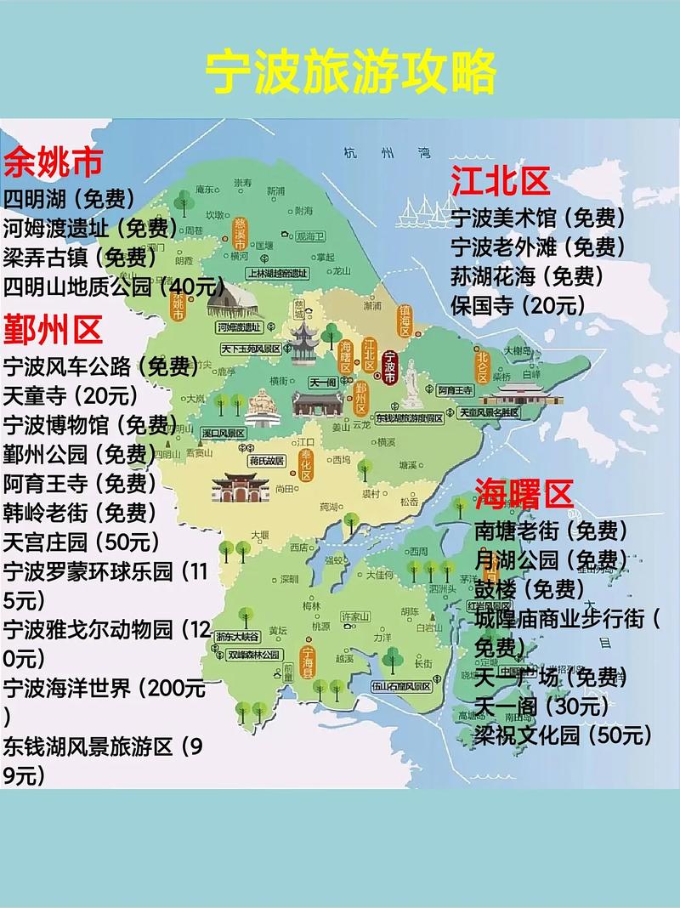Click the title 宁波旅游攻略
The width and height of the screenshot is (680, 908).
tap(351, 73)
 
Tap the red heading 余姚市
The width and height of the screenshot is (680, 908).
tap(54, 161)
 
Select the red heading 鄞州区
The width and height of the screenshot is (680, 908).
tap(54, 327)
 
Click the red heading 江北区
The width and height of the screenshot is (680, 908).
tap(501, 181)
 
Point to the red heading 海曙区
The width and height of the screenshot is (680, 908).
tap(524, 492)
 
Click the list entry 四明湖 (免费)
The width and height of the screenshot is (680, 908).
tap(69, 198)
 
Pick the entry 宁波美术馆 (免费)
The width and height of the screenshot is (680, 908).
tap(538, 218)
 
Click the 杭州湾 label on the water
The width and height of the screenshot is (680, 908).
tap(382, 153)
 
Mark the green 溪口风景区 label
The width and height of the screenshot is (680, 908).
tap(224, 433)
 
